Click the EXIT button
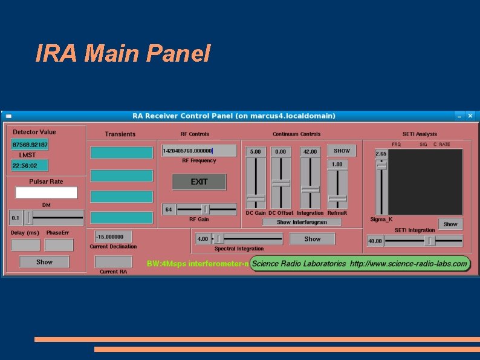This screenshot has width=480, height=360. pyautogui.click(x=199, y=182)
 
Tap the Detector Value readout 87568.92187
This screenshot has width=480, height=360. pyautogui.click(x=30, y=145)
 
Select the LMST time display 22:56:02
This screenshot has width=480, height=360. pyautogui.click(x=30, y=165)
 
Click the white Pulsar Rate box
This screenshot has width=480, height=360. pyautogui.click(x=47, y=192)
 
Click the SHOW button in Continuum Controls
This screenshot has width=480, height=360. pyautogui.click(x=342, y=151)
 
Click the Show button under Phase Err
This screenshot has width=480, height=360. pyautogui.click(x=44, y=262)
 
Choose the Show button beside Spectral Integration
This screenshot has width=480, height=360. pyautogui.click(x=312, y=239)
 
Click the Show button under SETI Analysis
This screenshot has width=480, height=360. pyautogui.click(x=450, y=224)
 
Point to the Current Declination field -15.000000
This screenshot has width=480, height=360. pyautogui.click(x=113, y=237)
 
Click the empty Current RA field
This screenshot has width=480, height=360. pyautogui.click(x=113, y=261)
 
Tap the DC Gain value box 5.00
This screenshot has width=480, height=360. pyautogui.click(x=256, y=151)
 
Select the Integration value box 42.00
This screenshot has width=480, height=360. pyautogui.click(x=310, y=151)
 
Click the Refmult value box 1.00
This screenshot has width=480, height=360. pyautogui.click(x=337, y=164)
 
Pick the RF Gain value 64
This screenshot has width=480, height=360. pyautogui.click(x=169, y=209)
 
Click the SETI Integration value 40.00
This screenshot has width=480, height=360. pyautogui.click(x=375, y=241)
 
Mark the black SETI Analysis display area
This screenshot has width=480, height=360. pyautogui.click(x=426, y=181)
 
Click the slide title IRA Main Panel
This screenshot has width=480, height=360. pyautogui.click(x=123, y=54)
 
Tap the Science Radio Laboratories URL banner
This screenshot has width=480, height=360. pyautogui.click(x=359, y=264)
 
